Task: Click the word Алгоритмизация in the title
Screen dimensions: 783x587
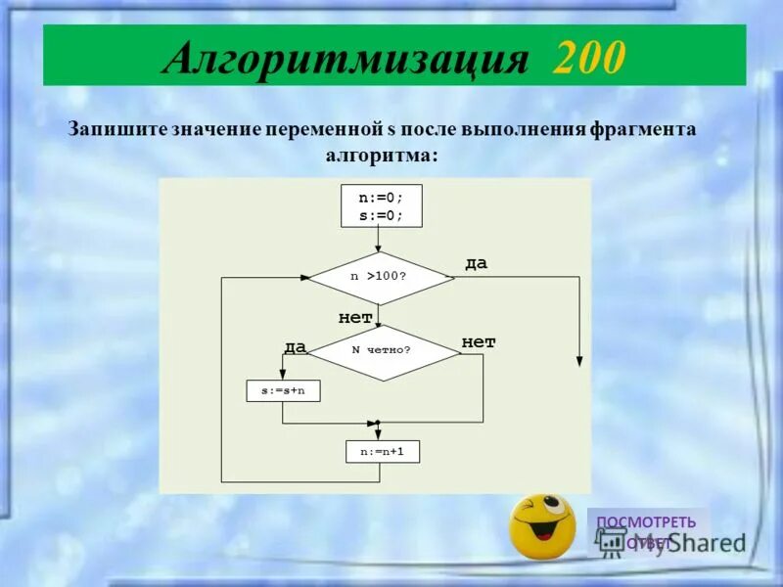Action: (346, 59)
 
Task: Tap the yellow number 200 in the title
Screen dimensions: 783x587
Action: (587, 59)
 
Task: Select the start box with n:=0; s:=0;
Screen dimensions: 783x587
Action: (381, 205)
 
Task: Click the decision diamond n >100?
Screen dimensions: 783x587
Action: (381, 277)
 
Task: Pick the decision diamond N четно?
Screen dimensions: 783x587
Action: (383, 350)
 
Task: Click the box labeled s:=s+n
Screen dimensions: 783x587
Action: (283, 391)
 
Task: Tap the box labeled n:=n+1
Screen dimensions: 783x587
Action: (383, 452)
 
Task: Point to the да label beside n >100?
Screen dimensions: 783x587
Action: (476, 263)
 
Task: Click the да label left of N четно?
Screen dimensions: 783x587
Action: (296, 346)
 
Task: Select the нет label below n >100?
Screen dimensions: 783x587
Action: (355, 317)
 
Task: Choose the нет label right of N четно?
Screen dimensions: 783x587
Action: (479, 341)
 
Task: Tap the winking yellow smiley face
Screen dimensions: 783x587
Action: (541, 525)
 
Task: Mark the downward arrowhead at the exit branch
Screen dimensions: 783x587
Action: (579, 361)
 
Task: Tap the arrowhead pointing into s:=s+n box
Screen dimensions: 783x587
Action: (283, 376)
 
